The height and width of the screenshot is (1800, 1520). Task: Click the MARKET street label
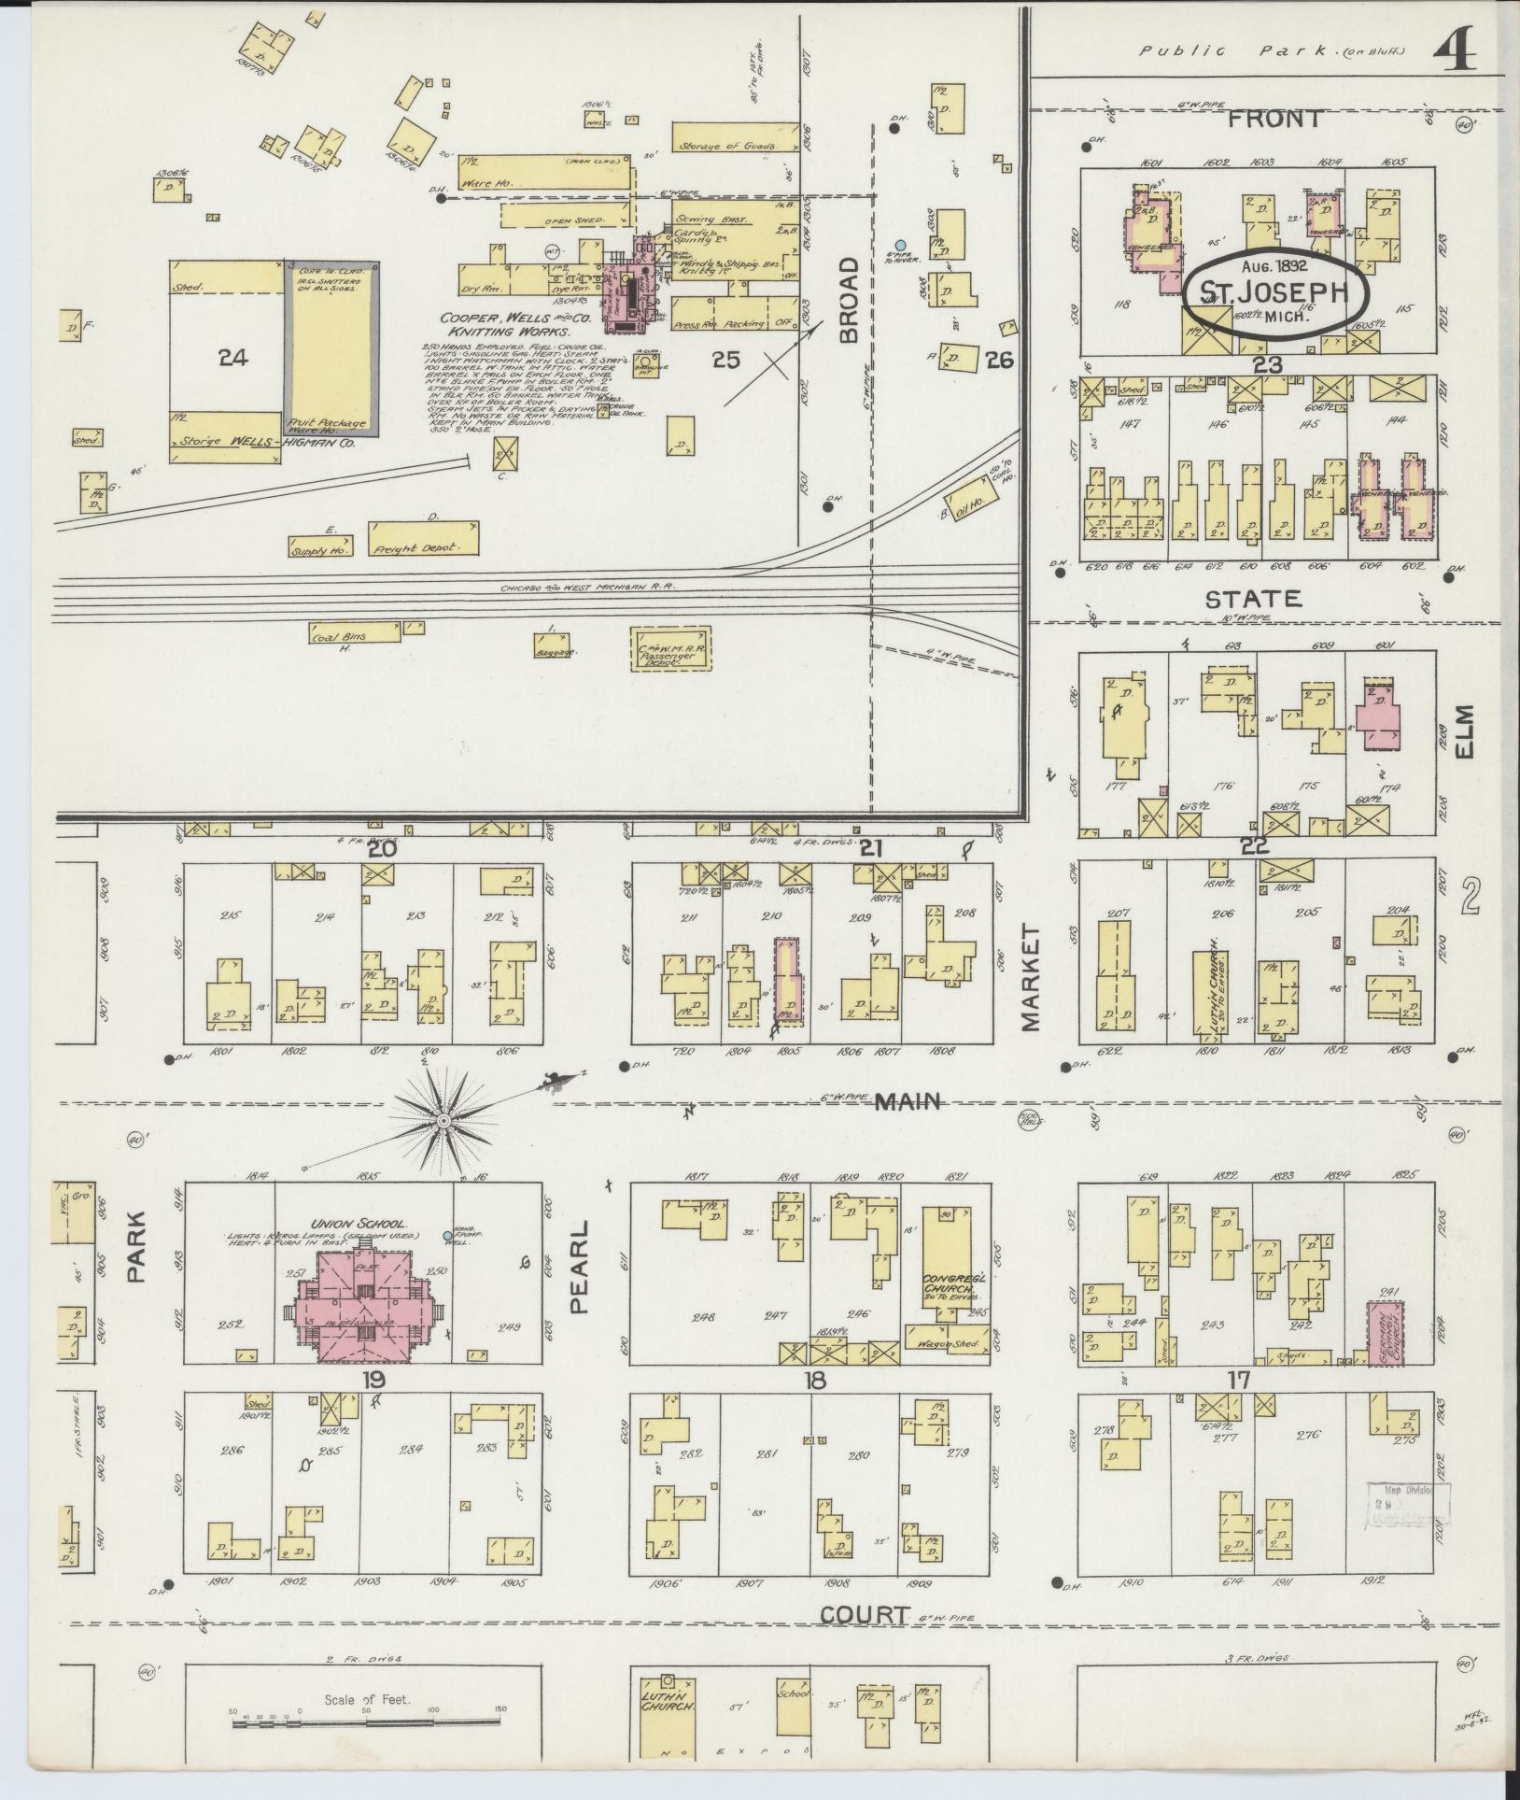click(x=1031, y=978)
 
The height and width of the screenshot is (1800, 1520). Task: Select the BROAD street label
click(x=847, y=301)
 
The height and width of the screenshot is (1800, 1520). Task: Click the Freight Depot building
click(x=425, y=539)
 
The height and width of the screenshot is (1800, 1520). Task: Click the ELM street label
click(x=1462, y=731)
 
